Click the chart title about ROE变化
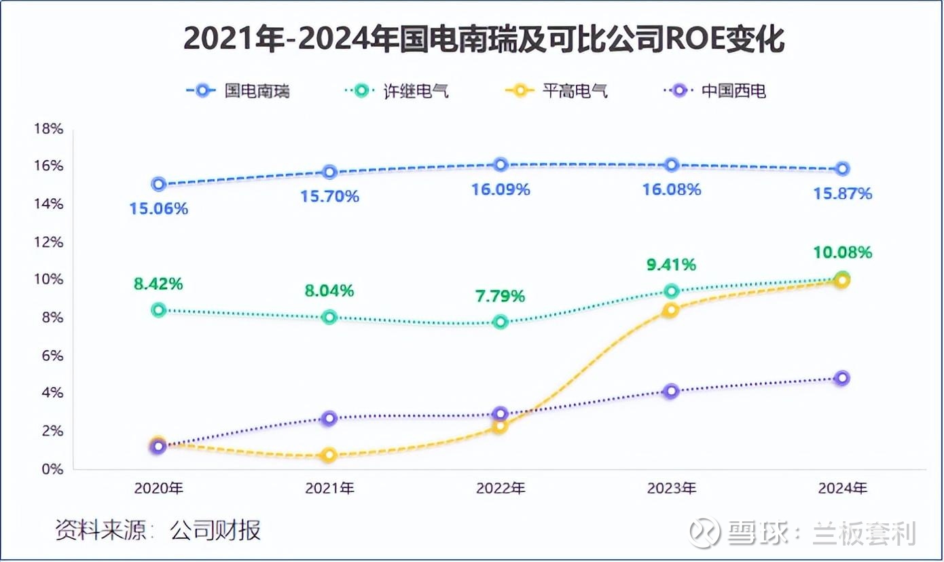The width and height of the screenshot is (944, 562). point(484,40)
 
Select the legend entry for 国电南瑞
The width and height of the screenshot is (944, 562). point(238,90)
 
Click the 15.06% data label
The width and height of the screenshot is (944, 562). point(159,209)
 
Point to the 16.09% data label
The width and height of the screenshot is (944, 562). point(501,189)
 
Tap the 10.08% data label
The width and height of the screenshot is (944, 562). point(843,252)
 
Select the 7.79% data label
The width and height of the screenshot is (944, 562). point(499,296)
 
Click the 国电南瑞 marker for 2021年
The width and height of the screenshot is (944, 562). point(330,172)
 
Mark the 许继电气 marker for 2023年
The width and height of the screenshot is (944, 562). point(672,291)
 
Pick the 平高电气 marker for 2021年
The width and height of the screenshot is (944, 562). point(330,455)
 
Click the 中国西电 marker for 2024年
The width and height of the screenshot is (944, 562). point(842,378)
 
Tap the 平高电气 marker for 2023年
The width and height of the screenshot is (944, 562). point(671,310)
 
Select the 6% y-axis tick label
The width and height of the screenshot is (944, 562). point(50,356)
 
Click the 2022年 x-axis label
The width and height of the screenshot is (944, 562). point(501,488)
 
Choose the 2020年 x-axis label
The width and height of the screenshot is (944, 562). point(159,488)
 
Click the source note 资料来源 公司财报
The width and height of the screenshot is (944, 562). point(158,530)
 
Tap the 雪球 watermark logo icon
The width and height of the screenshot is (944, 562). point(705,531)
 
